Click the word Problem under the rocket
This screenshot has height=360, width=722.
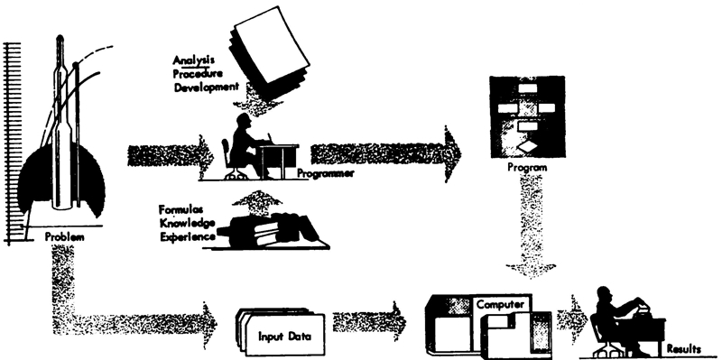tap(64, 237)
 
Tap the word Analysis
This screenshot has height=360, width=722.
tap(193, 60)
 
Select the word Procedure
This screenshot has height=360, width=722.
tap(198, 74)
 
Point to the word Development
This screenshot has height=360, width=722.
tap(207, 87)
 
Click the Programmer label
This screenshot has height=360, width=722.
tap(325, 173)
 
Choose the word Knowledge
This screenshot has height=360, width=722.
tap(187, 223)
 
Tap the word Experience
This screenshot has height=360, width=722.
tap(187, 236)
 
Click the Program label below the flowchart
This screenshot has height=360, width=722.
tap(527, 168)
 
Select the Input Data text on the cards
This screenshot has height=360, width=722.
tap(284, 336)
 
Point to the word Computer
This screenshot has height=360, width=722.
tap(500, 304)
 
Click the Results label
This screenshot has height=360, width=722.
tap(684, 349)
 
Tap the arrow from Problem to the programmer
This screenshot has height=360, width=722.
tap(171, 156)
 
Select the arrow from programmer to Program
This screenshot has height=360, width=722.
tap(386, 154)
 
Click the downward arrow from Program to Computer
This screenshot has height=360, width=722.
tap(531, 226)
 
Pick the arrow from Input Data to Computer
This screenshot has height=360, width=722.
tap(369, 321)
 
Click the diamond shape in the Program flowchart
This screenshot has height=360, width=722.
tap(527, 147)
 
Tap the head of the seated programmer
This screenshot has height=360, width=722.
tap(243, 122)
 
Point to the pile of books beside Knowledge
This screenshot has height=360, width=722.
tap(272, 229)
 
